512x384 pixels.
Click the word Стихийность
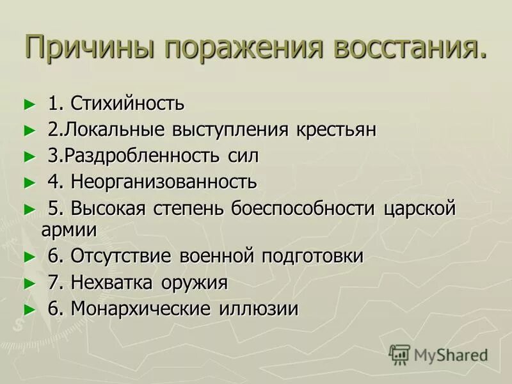[127, 102]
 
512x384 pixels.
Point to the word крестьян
[336, 129]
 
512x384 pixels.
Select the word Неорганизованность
[164, 182]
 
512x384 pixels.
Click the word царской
[420, 208]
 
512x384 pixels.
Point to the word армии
[69, 229]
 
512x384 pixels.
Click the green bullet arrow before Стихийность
[27, 104]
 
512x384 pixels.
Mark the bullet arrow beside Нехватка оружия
[27, 283]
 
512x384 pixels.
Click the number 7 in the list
[53, 282]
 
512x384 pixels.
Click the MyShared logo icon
[399, 354]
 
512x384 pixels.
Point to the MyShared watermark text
[451, 355]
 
